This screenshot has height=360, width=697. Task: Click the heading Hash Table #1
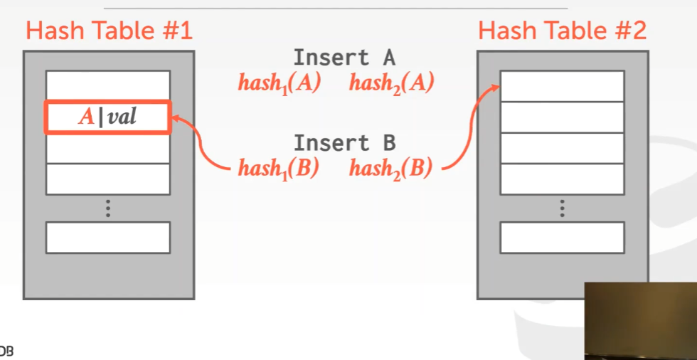[109, 31]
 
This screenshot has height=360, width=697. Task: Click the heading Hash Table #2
[562, 31]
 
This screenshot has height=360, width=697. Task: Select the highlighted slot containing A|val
[108, 117]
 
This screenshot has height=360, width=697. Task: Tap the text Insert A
[344, 58]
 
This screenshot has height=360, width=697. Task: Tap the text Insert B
[344, 142]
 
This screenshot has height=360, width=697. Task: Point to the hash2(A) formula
[391, 83]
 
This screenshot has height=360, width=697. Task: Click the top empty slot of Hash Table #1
[108, 85]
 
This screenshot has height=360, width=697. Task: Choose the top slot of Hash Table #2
[562, 85]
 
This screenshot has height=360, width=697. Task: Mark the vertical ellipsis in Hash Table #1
[108, 208]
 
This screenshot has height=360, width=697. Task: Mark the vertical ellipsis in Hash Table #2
[562, 208]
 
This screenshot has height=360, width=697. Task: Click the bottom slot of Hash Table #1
[108, 238]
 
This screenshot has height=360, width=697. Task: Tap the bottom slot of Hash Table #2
[562, 238]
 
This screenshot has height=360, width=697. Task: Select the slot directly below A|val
[108, 149]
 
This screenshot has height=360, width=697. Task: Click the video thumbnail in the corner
[640, 320]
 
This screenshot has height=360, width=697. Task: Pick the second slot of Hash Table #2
[562, 117]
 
